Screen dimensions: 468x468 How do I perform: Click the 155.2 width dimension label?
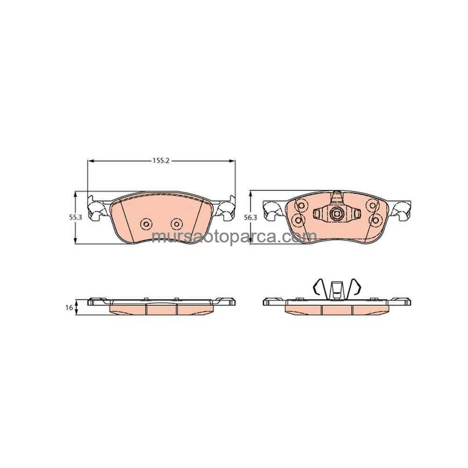tap(161, 161)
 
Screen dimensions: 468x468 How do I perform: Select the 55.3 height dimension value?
tap(75, 218)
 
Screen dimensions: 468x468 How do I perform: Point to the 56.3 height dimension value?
tap(250, 218)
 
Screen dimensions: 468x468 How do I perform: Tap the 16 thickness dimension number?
tap(69, 307)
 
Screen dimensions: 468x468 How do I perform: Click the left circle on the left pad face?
tap(146, 224)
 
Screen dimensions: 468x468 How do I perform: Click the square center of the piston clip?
tap(337, 213)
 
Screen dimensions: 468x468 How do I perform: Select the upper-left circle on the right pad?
tap(300, 205)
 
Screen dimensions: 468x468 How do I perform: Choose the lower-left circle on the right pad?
tap(298, 220)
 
